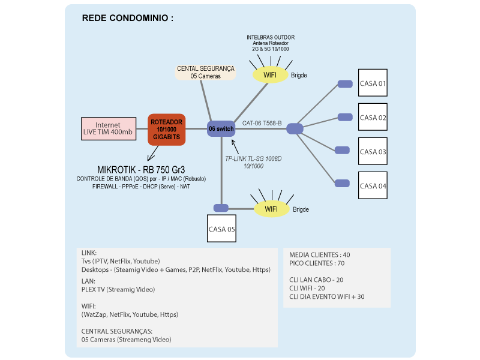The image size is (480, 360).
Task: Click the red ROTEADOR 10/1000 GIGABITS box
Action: (167, 130)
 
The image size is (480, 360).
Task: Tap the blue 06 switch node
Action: (221, 129)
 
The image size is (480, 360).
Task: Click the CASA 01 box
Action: (373, 83)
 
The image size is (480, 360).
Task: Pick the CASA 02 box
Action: (373, 118)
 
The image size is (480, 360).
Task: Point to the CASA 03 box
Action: (373, 152)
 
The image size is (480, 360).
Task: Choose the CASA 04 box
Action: (373, 185)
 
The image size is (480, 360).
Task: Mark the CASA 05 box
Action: (222, 229)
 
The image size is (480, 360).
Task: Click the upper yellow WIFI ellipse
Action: (271, 75)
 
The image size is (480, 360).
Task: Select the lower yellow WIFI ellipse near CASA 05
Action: (271, 209)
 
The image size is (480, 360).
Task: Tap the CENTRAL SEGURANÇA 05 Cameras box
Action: (206, 72)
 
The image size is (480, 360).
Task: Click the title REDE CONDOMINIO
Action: (127, 18)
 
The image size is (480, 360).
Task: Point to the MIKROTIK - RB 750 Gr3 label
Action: (141, 169)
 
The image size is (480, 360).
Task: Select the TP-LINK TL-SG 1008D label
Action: (253, 158)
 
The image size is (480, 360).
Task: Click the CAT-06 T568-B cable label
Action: (262, 123)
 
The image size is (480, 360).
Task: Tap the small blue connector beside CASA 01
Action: (344, 84)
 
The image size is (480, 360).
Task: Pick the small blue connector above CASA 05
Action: (221, 208)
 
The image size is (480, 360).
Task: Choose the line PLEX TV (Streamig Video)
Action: (118, 289)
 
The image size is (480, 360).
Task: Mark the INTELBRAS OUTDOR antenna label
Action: (271, 37)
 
